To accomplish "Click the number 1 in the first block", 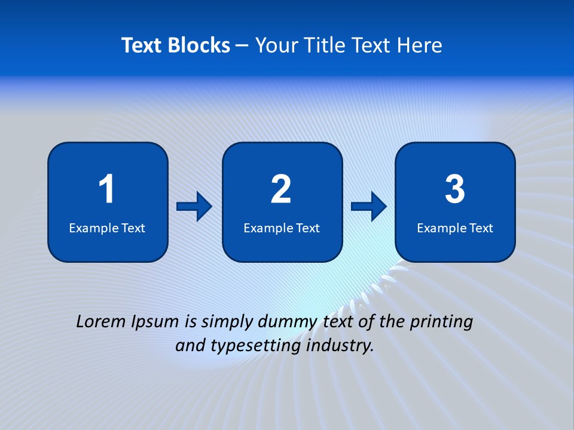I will click(106, 189).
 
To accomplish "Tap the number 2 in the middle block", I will click(281, 189).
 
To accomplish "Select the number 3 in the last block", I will click(455, 189).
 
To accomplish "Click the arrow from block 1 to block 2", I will click(194, 207).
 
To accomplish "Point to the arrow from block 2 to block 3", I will click(369, 207).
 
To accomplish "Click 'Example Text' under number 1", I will click(107, 228).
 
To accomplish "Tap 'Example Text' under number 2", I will click(282, 228).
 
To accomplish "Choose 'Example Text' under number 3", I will click(455, 228).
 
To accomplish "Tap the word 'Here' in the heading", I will click(419, 45).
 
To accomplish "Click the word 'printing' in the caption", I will click(442, 322).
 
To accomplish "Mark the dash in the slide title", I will click(242, 46).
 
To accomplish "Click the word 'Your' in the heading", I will click(276, 45).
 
